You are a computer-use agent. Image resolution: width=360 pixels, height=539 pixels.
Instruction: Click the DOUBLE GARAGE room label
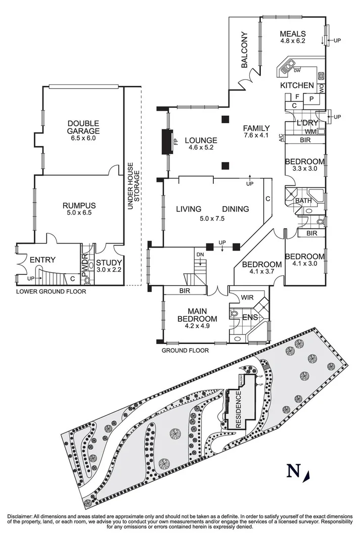point(84,126)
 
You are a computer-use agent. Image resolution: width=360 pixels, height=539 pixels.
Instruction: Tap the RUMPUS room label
point(79,206)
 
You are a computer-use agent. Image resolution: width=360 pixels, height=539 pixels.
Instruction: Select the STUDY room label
point(109,262)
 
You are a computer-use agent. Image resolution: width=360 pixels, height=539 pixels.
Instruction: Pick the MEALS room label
point(293,34)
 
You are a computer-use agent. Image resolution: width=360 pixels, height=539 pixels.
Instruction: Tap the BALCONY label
point(244,50)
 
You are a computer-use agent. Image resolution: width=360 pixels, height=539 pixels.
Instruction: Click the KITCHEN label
point(297,85)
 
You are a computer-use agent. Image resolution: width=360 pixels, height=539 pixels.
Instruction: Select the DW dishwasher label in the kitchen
point(297,70)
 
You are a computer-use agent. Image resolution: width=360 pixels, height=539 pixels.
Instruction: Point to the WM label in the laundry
point(311,132)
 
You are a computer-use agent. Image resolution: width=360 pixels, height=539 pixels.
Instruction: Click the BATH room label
point(303,201)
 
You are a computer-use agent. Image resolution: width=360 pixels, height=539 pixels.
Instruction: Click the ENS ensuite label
point(250,317)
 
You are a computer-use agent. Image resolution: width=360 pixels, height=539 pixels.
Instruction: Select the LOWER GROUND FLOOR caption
point(51,291)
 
